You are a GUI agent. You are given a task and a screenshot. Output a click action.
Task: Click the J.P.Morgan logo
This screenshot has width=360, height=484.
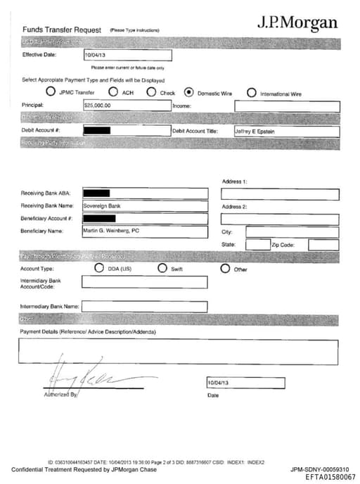(x=297, y=22)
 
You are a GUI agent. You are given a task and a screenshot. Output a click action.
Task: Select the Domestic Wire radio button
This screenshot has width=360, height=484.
(x=188, y=92)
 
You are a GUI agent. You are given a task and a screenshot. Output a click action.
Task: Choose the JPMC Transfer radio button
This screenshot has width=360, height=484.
(x=51, y=92)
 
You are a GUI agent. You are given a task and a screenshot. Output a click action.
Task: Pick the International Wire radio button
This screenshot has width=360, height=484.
(x=252, y=92)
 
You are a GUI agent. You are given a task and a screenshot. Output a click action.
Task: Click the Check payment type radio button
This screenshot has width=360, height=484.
(x=151, y=92)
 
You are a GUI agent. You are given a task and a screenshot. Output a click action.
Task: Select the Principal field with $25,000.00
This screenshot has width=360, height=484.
(x=127, y=106)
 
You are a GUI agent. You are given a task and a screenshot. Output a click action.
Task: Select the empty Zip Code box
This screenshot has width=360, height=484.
(x=323, y=245)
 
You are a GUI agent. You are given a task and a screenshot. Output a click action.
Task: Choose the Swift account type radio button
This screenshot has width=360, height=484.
(x=162, y=268)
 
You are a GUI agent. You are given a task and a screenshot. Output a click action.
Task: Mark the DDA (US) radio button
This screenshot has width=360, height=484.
(x=98, y=268)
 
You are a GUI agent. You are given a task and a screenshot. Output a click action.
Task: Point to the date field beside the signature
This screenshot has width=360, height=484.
(x=245, y=383)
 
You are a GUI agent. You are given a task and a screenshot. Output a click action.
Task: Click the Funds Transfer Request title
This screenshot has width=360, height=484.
(x=62, y=30)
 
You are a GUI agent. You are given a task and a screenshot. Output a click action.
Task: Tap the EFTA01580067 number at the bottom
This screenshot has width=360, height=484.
(x=330, y=477)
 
